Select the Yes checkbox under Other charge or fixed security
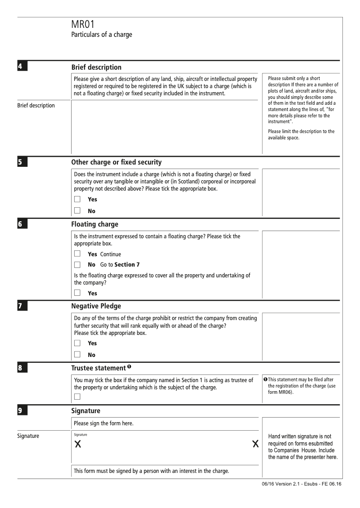coord(77,199)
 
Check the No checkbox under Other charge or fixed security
coord(77,210)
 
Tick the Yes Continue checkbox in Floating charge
coord(77,254)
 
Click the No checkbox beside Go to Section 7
coord(77,265)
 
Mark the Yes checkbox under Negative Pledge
coord(77,343)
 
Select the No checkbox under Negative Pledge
coord(77,354)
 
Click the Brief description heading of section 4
coord(96,67)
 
